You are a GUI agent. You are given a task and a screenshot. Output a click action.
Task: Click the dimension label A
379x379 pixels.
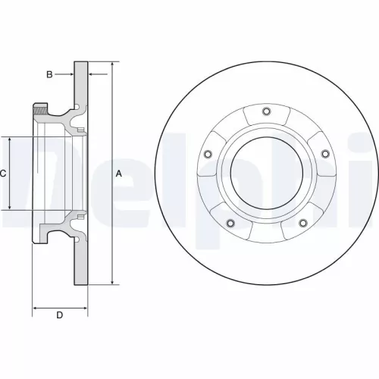click(x=118, y=174)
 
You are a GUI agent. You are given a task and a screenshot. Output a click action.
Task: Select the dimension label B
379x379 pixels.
click(x=49, y=74)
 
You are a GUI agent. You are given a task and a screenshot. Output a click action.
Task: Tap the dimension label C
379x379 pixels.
click(x=3, y=174)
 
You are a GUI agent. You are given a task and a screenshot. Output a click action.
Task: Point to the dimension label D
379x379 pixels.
click(x=60, y=315)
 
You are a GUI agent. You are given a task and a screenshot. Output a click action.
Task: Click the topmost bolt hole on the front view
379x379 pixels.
click(x=265, y=113)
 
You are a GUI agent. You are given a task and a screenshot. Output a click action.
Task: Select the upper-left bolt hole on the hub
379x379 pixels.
click(x=208, y=155)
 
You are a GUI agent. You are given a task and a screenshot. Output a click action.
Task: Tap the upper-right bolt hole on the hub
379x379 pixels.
click(x=324, y=154)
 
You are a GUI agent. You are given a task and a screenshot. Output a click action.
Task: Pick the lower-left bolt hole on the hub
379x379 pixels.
click(x=230, y=222)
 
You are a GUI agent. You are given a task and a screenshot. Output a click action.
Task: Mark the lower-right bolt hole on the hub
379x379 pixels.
click(x=302, y=222)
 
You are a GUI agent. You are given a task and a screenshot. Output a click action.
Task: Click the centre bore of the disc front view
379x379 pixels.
click(x=266, y=174)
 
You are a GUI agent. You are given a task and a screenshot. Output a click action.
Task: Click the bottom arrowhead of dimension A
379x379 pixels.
click(x=111, y=282)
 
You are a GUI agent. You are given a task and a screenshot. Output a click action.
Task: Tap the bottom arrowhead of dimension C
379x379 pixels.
click(x=10, y=206)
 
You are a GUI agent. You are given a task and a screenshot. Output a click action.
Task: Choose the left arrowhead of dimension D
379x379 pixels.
click(x=36, y=309)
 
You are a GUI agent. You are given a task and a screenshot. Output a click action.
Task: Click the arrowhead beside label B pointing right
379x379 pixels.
click(x=70, y=74)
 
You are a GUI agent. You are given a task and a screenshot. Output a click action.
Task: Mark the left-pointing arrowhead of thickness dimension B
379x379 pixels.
click(x=92, y=74)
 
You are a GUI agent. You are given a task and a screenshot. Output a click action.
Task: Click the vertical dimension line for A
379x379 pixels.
click(x=111, y=227)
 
